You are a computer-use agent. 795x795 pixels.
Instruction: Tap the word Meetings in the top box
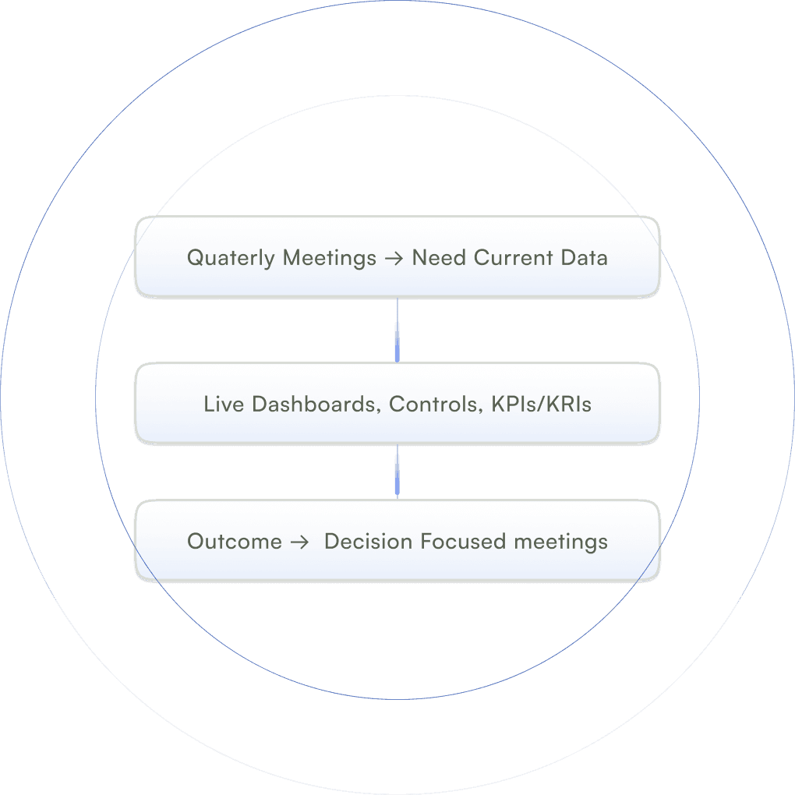(x=330, y=258)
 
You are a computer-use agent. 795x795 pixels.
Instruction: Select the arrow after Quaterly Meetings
(x=394, y=258)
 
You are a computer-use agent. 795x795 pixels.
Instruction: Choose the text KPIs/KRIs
(x=542, y=405)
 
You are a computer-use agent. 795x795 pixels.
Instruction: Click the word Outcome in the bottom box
(x=235, y=542)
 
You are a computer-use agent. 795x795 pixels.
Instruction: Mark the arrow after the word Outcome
(x=299, y=542)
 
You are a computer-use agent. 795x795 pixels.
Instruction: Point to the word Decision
(x=369, y=542)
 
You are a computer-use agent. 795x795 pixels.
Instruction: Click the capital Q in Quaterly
(x=195, y=258)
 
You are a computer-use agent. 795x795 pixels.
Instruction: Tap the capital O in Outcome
(x=196, y=542)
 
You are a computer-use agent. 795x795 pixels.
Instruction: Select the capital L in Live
(x=208, y=405)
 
